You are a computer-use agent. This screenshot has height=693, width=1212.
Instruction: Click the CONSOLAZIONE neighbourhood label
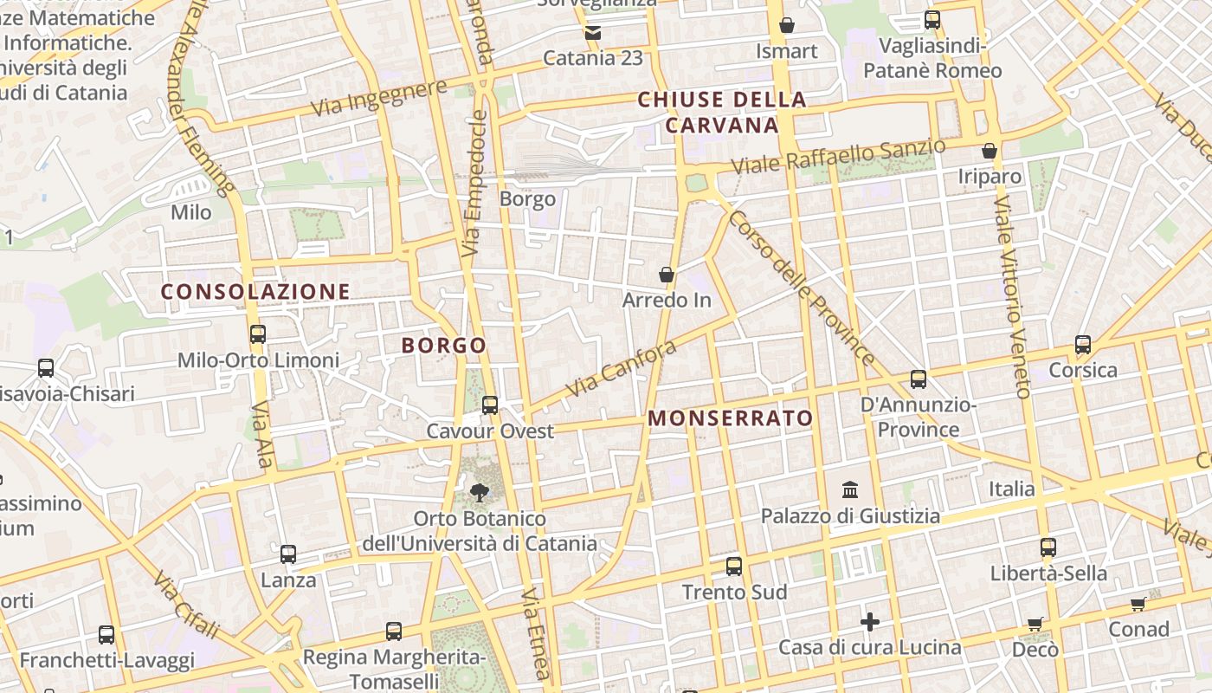tap(255, 292)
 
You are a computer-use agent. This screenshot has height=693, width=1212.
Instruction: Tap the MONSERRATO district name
tap(731, 418)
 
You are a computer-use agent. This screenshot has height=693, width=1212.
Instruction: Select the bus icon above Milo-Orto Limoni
tap(257, 334)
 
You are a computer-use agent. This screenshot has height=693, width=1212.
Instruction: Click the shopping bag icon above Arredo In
tap(667, 275)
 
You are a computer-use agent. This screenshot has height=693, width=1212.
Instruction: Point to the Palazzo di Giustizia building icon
tap(850, 490)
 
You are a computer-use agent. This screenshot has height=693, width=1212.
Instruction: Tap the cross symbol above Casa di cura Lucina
tap(870, 622)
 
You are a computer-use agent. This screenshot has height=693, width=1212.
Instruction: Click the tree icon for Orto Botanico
tap(478, 493)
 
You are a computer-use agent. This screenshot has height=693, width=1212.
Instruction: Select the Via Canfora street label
tap(621, 368)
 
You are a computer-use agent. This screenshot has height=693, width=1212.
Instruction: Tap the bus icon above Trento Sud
tap(734, 567)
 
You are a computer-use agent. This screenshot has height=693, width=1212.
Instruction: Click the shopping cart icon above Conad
tap(1138, 604)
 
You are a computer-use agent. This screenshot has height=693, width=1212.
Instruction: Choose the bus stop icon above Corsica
tap(1083, 345)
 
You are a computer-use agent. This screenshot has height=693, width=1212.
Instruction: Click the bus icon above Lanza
tap(288, 554)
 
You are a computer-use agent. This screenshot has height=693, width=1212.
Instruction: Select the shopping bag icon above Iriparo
tap(990, 151)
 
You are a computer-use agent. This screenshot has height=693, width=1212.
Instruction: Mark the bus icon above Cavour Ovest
tap(490, 405)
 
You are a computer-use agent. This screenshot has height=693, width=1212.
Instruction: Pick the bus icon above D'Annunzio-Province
tap(919, 379)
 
